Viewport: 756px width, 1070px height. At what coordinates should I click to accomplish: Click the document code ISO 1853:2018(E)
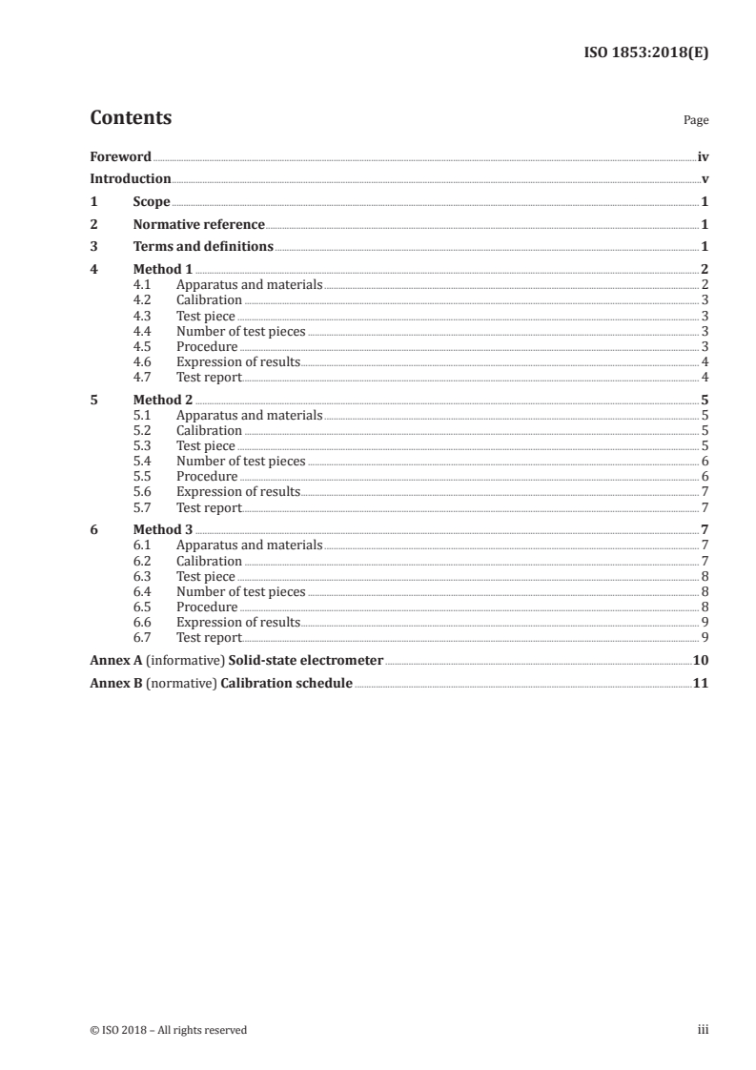tap(644, 53)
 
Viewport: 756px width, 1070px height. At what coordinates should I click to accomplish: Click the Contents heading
tap(131, 118)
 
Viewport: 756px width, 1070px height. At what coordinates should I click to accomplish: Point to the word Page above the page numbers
tap(695, 120)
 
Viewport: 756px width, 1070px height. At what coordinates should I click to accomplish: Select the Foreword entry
tap(120, 156)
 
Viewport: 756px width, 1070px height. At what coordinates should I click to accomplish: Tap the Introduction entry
tap(130, 179)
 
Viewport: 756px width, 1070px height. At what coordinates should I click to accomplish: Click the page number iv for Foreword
tap(702, 156)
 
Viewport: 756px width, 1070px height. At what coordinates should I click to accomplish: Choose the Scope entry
tap(152, 202)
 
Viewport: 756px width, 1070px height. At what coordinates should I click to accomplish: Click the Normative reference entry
tap(198, 225)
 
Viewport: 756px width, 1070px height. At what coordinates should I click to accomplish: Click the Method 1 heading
tap(163, 270)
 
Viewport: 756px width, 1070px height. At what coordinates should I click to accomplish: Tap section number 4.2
tap(142, 300)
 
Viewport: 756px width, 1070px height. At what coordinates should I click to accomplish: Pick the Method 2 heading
tap(163, 401)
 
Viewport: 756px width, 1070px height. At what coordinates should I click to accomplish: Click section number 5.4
tap(142, 462)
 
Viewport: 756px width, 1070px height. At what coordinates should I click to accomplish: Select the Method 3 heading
tap(163, 530)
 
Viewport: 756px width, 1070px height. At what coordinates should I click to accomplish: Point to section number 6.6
tap(142, 622)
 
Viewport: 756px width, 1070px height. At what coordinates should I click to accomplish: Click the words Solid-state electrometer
tap(302, 660)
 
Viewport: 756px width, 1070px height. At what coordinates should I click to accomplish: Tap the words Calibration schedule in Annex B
tap(286, 684)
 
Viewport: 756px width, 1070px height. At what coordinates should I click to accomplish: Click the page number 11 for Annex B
tap(700, 684)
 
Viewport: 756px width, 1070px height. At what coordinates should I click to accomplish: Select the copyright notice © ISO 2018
tap(169, 1030)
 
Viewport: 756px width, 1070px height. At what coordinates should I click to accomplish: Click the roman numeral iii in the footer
tap(703, 1030)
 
